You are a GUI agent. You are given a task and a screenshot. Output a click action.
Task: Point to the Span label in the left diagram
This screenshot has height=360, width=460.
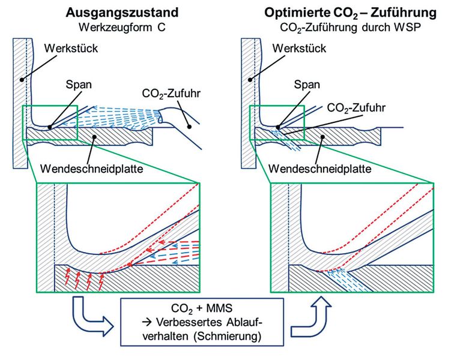tap(80, 85)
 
